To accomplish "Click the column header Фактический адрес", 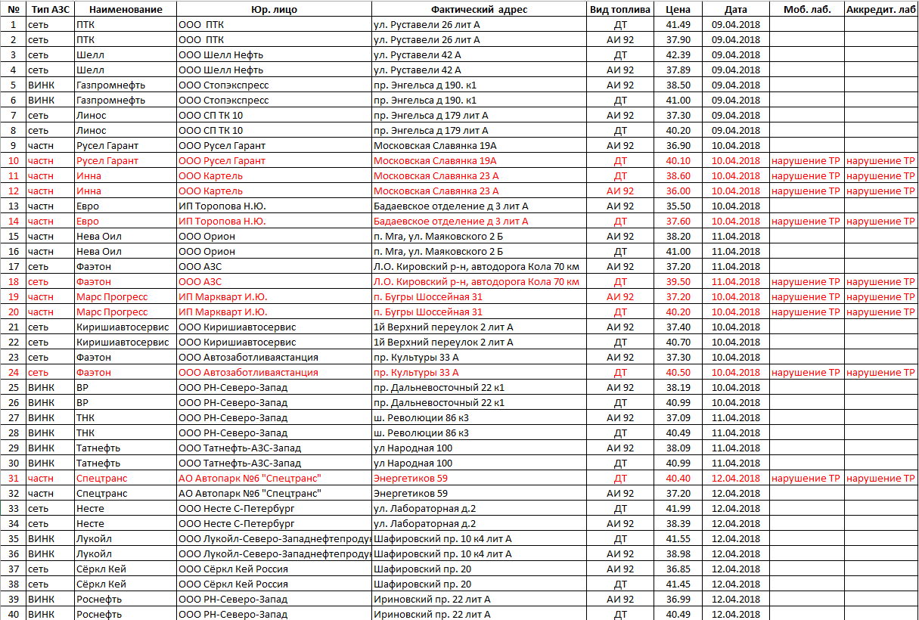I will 479,9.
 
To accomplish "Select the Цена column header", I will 678,9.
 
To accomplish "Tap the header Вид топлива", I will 619,9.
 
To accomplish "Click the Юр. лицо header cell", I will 273,9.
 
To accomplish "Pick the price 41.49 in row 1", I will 678,24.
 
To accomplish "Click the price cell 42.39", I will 678,54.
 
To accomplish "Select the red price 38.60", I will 678,175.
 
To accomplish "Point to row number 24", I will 13,372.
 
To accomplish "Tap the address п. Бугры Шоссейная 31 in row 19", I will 428,296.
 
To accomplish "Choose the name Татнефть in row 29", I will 98,448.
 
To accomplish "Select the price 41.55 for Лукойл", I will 678,538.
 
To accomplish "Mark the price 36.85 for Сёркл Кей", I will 678,569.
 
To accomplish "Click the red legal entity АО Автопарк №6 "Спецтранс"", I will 250,478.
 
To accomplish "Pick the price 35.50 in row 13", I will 678,206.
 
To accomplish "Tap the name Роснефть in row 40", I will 99,614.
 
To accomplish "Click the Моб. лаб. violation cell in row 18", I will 806,281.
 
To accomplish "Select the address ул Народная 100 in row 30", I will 413,463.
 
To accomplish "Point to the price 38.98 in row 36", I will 678,553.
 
